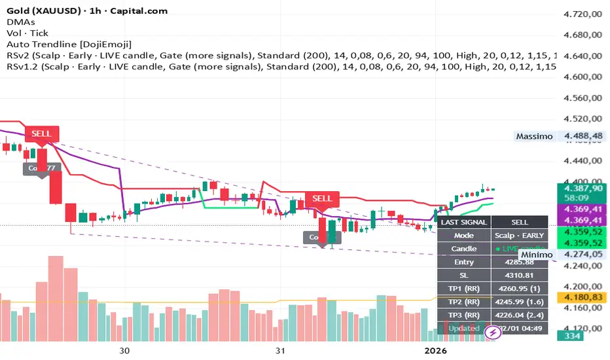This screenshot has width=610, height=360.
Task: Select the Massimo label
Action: [533, 137]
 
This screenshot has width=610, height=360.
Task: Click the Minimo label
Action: [537, 254]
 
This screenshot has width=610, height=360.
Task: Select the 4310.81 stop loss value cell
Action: [519, 275]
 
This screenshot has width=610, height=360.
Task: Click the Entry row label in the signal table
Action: [463, 262]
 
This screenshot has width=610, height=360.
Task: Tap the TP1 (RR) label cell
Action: [463, 289]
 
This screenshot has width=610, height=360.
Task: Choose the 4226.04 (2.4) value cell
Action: [519, 315]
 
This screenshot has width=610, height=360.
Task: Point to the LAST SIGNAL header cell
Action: [463, 222]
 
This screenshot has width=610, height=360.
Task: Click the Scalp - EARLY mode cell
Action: [519, 235]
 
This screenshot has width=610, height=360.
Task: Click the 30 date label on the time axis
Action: [125, 350]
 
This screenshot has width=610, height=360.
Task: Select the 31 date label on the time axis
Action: [280, 350]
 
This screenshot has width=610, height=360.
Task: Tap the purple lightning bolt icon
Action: [492, 333]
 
